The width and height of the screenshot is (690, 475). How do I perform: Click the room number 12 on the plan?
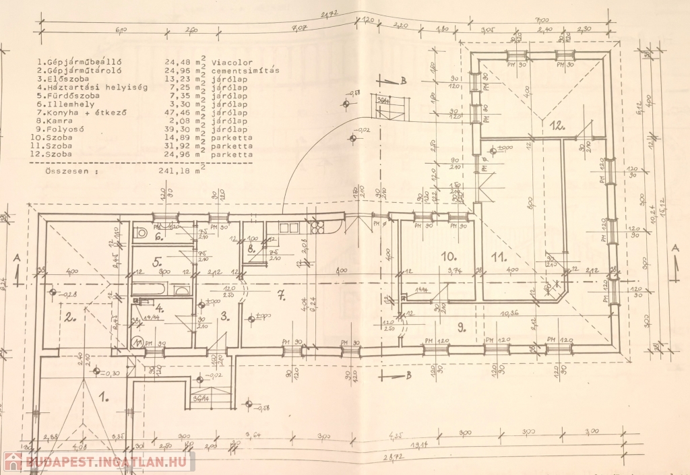[556, 125]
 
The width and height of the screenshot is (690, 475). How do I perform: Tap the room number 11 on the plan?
[499, 255]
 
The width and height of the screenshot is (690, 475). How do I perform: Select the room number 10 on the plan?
[449, 255]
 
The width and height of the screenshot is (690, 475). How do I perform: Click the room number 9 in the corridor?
[462, 327]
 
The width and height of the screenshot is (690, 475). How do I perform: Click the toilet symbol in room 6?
[142, 232]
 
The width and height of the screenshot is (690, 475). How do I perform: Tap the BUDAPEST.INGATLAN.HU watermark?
[99, 462]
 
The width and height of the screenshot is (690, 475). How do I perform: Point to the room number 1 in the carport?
[104, 398]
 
